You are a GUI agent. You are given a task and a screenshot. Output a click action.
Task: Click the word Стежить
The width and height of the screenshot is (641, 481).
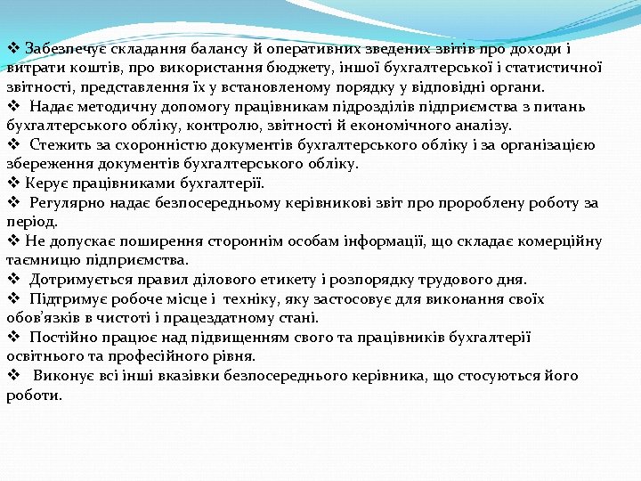(x=60, y=145)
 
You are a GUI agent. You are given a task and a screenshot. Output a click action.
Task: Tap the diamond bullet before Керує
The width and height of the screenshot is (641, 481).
(x=13, y=183)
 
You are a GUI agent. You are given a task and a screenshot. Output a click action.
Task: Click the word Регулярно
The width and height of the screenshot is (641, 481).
(x=67, y=203)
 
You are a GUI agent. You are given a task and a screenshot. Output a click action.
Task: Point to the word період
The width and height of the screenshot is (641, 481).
(x=32, y=223)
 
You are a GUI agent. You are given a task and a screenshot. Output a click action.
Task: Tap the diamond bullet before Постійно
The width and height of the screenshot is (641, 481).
(x=13, y=338)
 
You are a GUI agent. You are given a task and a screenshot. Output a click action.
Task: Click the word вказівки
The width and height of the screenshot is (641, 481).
(x=200, y=376)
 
